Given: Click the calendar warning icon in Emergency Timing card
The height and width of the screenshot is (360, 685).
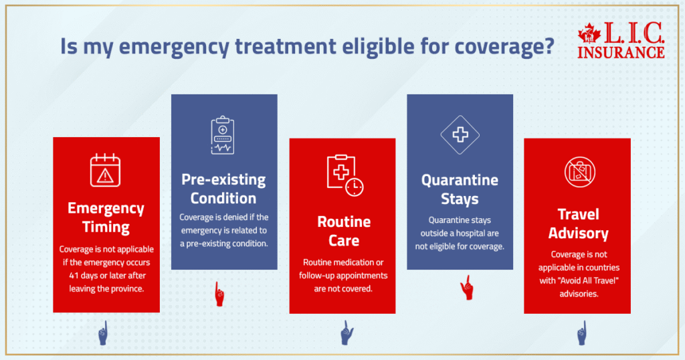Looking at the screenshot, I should pyautogui.click(x=106, y=170).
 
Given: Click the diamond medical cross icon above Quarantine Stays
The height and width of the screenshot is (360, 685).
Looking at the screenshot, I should pyautogui.click(x=460, y=134).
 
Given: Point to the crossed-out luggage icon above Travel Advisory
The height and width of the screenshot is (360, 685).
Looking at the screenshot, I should pyautogui.click(x=577, y=173).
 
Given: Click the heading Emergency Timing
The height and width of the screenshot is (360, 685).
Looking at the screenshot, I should pyautogui.click(x=106, y=217).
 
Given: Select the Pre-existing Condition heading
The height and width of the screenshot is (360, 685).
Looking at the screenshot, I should pyautogui.click(x=223, y=189).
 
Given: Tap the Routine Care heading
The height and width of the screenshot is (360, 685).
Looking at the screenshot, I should pyautogui.click(x=344, y=231).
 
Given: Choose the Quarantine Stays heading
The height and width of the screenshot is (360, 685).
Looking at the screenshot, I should pyautogui.click(x=460, y=189).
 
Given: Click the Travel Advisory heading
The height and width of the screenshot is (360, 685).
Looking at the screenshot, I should pyautogui.click(x=578, y=224).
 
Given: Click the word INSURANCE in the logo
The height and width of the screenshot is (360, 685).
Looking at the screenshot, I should pyautogui.click(x=621, y=52).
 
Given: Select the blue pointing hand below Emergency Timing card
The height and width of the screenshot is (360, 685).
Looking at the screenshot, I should pyautogui.click(x=104, y=333).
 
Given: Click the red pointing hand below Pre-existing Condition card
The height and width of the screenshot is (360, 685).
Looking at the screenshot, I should pyautogui.click(x=219, y=293).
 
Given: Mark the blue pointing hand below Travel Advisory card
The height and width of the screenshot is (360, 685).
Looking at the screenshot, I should pyautogui.click(x=581, y=333).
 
